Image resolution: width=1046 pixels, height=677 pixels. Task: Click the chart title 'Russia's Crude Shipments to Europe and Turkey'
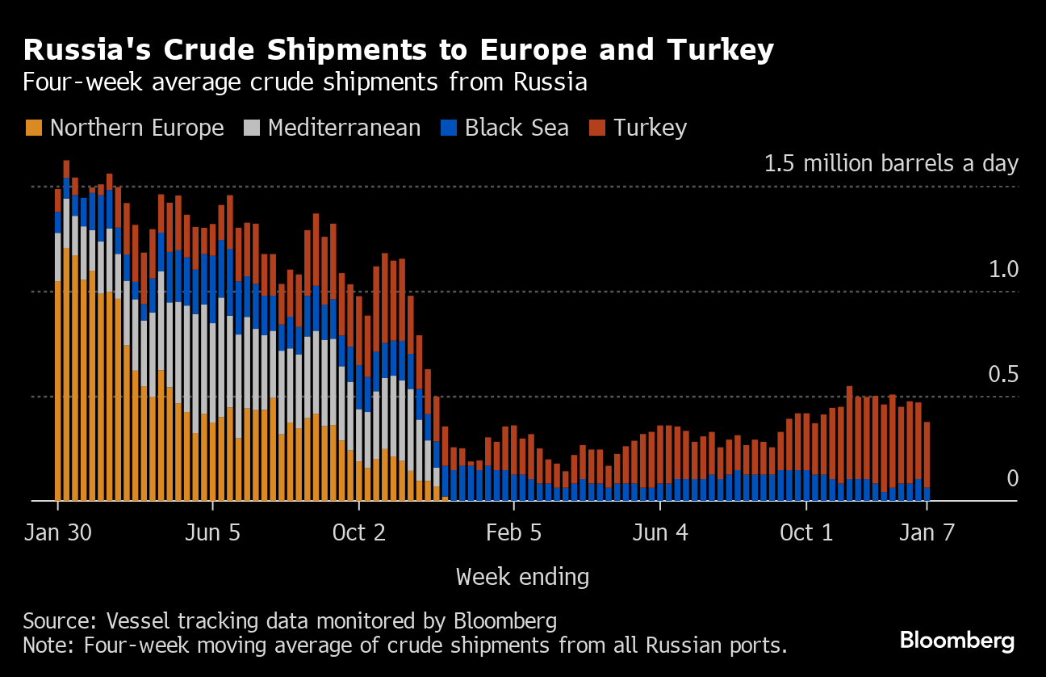point(399,50)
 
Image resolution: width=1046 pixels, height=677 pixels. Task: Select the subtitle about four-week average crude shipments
point(304,82)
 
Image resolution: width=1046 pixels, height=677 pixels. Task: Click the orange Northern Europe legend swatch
point(34,128)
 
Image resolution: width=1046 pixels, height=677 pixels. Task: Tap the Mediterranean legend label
point(344,128)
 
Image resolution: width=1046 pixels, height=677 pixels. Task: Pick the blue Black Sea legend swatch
point(449,128)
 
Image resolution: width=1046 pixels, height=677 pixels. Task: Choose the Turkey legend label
point(650,128)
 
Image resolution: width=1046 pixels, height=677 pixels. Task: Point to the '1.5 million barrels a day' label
point(891,164)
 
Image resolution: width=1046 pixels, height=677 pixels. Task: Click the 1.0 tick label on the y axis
point(1003,270)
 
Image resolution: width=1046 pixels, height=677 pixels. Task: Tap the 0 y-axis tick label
point(1012,479)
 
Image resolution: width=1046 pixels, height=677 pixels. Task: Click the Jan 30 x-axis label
point(58,533)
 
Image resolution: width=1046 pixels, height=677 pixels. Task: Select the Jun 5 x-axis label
point(213,533)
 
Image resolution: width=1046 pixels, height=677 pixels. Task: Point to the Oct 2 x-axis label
point(359,533)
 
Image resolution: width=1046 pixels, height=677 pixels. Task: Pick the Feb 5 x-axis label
point(514,533)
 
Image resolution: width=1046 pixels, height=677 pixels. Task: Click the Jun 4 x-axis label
point(660,533)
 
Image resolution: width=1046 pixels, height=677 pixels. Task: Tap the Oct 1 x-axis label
point(806,533)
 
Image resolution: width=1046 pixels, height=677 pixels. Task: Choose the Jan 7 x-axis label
point(927,533)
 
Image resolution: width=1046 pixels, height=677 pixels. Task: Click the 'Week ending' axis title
point(522,577)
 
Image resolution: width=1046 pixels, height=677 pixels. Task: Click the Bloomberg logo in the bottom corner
point(957,641)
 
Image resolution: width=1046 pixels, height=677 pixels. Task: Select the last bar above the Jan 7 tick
point(927,461)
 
